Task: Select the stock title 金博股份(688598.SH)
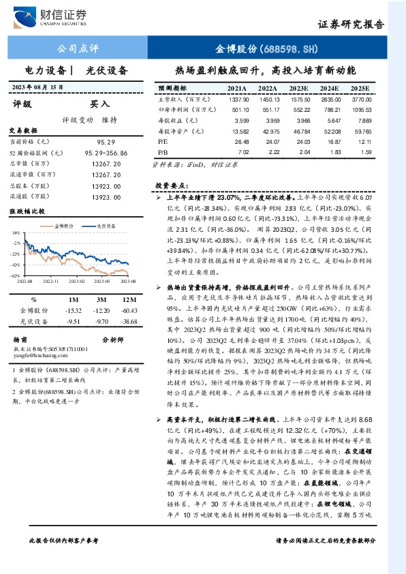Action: tap(267, 49)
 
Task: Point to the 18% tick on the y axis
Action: tap(14, 233)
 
